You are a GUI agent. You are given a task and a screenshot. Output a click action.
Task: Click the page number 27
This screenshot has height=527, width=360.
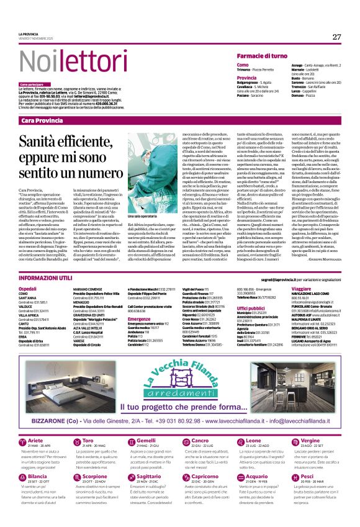(336, 36)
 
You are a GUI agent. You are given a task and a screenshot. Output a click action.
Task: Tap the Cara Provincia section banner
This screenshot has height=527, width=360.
(42, 120)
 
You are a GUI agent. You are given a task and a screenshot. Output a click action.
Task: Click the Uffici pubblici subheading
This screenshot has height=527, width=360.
(251, 308)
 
